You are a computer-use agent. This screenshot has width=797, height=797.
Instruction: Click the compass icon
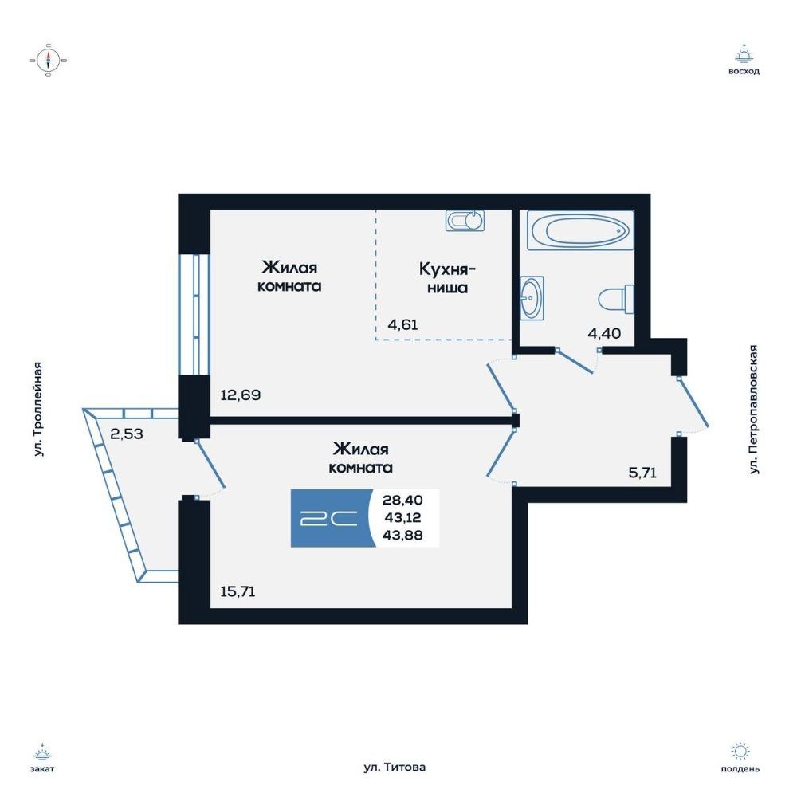click(x=49, y=61)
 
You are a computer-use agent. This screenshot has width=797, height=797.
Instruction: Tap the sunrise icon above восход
click(x=744, y=54)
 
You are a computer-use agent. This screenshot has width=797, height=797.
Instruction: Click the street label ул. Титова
click(x=395, y=768)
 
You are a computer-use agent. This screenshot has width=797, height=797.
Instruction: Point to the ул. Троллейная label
click(x=38, y=409)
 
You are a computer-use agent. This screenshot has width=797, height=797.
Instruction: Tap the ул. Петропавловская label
click(x=754, y=410)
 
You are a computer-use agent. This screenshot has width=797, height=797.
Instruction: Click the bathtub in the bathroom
click(x=580, y=230)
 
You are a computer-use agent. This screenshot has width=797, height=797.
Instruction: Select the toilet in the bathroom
click(x=616, y=299)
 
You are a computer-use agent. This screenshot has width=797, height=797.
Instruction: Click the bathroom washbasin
click(x=532, y=298)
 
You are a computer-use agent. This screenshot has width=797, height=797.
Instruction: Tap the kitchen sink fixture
click(x=465, y=221)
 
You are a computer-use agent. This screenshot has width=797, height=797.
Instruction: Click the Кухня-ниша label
click(x=447, y=278)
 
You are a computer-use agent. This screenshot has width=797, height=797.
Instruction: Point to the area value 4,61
click(x=402, y=324)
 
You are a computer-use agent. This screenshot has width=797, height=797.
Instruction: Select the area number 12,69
click(x=241, y=395)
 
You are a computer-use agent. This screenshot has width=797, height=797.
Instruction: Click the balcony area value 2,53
click(x=127, y=434)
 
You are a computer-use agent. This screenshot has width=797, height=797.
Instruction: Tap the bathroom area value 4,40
click(x=604, y=333)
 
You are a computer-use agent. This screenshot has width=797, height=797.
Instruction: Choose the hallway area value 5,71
click(x=642, y=473)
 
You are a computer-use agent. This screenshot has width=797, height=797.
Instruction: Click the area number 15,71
click(x=238, y=591)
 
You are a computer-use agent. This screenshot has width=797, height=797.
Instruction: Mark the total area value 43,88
click(x=402, y=535)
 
